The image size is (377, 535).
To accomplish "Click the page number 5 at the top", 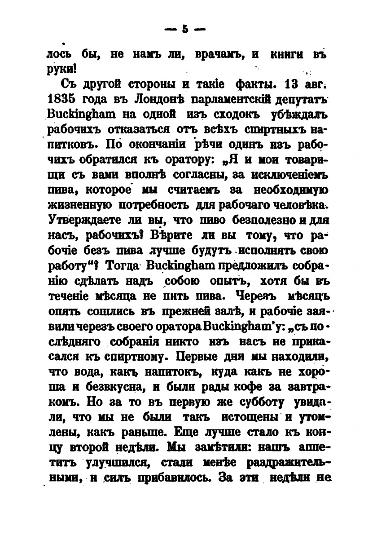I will pyautogui.click(x=184, y=30).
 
